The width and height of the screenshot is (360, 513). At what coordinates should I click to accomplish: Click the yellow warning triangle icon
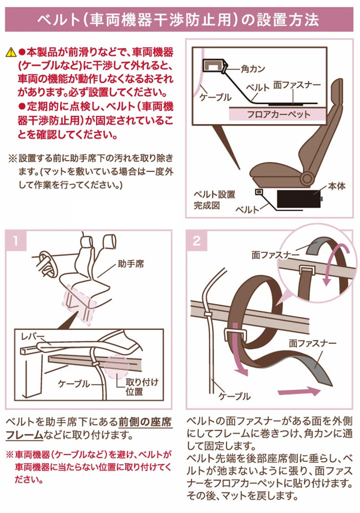11,52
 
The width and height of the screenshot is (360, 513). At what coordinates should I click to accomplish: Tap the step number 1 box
16,241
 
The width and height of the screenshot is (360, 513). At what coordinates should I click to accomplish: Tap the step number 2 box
197,241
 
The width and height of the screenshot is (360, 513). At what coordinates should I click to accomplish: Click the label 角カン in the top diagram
252,69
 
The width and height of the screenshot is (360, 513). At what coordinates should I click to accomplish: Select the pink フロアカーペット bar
278,114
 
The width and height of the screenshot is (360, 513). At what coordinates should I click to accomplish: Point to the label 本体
337,186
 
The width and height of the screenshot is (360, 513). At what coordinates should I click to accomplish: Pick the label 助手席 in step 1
130,264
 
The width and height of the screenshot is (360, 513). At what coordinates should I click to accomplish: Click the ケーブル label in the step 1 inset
74,384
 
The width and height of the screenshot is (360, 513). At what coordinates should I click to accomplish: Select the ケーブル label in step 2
234,396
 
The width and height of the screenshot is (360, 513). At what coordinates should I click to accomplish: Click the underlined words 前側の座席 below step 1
145,422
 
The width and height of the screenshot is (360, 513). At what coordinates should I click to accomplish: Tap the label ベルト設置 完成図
214,200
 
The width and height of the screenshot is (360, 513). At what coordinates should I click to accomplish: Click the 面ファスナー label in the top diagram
297,85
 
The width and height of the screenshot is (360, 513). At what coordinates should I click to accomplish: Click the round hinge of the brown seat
307,178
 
